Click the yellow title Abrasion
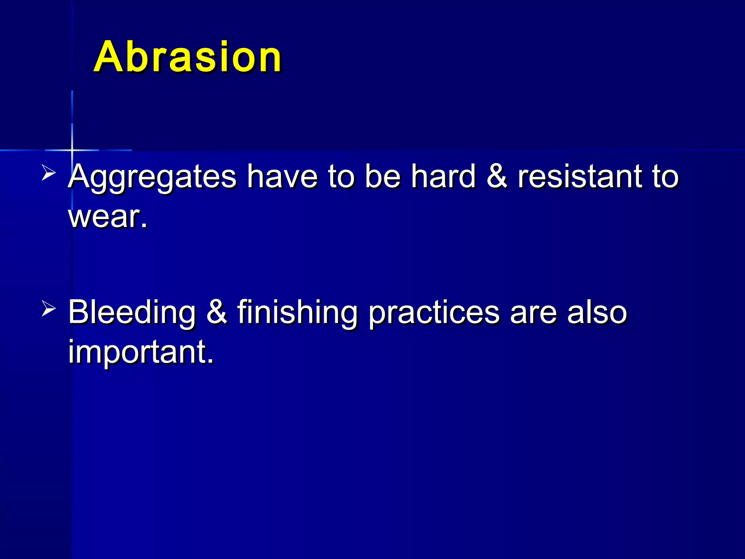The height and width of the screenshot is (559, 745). click(x=187, y=57)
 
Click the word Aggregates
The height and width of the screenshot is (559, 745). click(x=152, y=177)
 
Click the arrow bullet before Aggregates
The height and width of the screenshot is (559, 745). click(x=48, y=172)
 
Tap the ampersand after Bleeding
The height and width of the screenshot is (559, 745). click(x=217, y=312)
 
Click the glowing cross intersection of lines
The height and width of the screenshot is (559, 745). click(x=72, y=150)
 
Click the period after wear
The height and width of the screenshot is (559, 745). click(x=144, y=225)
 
